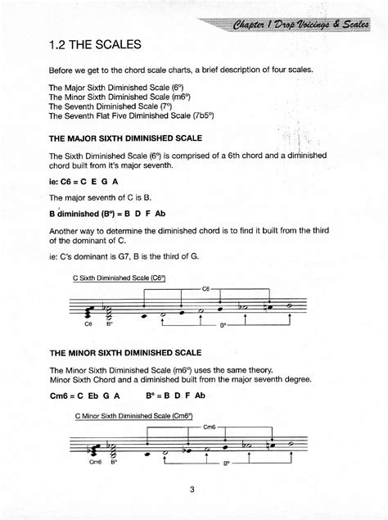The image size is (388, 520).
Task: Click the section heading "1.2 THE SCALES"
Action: [x=96, y=43]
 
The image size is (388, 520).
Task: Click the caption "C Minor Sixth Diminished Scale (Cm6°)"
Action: [x=133, y=417]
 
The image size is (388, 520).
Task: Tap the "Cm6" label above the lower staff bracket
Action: [x=210, y=427]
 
